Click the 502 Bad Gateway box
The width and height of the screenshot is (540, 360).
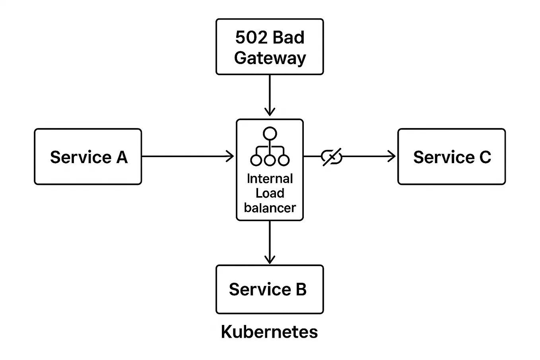point(270,47)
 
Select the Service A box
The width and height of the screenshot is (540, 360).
point(88,156)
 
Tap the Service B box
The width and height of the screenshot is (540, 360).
point(270,289)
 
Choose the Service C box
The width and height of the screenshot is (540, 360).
point(451,156)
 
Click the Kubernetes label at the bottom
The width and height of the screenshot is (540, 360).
point(270,332)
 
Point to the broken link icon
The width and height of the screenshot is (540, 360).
point(331,157)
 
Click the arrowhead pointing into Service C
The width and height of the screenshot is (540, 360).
point(392,156)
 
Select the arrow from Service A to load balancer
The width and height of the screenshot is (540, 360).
point(187,156)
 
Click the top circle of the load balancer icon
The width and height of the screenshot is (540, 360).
point(270,134)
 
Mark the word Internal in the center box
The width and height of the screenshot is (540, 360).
point(270,179)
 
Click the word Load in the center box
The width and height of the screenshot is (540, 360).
point(270,193)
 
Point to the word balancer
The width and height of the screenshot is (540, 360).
point(270,208)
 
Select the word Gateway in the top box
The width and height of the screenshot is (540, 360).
point(270,58)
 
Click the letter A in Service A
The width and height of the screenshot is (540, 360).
point(122,157)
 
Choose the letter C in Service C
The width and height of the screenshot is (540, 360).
point(485,157)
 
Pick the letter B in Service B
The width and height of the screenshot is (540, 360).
point(301,289)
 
